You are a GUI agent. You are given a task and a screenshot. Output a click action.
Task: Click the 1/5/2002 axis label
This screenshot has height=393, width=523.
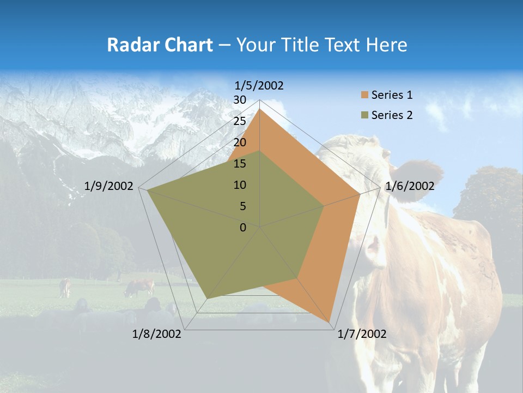coord(259,85)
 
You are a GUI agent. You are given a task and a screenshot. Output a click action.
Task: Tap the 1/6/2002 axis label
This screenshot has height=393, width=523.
coord(410,186)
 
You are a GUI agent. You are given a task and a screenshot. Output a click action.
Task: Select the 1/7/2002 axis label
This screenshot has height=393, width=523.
coord(362,334)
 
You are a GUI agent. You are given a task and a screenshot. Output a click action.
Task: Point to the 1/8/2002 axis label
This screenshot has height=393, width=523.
coord(157,334)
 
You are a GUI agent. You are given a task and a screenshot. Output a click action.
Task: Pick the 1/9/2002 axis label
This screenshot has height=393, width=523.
coord(109,186)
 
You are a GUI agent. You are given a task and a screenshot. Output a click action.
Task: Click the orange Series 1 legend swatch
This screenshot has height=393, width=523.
coord(364,96)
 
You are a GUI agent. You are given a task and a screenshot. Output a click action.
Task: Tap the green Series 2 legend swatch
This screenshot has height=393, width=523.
coord(364,115)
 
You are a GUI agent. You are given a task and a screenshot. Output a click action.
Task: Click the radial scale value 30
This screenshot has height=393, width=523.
coord(240,100)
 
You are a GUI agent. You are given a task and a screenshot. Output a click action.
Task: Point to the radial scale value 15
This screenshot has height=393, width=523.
coord(240,164)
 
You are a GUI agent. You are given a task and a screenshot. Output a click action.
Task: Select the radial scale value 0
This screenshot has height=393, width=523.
coord(243,228)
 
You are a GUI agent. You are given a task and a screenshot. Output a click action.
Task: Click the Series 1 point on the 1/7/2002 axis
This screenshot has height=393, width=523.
coord(330,322)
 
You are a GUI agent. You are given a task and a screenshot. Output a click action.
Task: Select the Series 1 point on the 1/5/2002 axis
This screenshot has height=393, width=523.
coord(260,109)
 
